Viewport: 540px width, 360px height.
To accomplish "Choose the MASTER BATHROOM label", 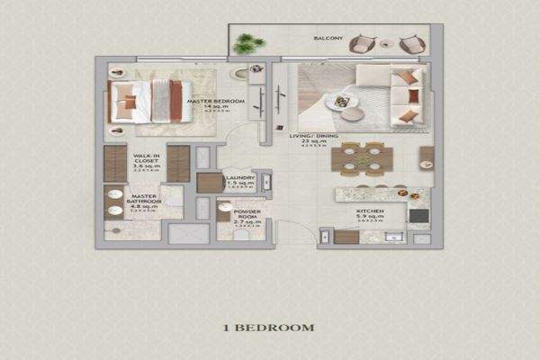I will click(x=144, y=198).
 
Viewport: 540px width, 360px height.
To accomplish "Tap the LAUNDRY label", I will click(x=240, y=178).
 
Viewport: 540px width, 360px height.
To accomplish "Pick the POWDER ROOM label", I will click(x=247, y=214).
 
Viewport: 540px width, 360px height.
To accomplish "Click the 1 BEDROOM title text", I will click(x=270, y=328).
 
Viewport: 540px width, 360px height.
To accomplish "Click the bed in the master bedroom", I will click(x=146, y=101).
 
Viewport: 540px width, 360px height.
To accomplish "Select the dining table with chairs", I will click(x=360, y=158).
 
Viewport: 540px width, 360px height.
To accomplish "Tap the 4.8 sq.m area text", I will click(x=144, y=205).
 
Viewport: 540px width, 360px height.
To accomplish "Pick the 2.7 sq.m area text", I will click(x=247, y=221).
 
